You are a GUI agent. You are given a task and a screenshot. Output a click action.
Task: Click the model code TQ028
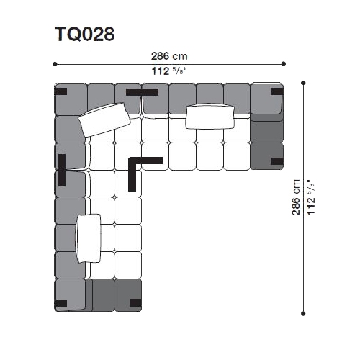[85, 34]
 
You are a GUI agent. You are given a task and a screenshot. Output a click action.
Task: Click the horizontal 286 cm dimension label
[169, 56]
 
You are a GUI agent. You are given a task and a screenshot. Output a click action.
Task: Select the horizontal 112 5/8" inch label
[169, 71]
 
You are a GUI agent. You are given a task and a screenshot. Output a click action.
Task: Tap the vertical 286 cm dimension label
[296, 197]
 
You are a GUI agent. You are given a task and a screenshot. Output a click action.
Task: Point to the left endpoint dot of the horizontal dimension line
[55, 64]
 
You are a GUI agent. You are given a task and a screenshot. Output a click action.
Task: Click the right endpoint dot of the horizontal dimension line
[284, 63]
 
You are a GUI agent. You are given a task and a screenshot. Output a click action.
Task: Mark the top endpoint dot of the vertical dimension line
[303, 83]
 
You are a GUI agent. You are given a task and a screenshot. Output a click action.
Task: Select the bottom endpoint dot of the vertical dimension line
[303, 313]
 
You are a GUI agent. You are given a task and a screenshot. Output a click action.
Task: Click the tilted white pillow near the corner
[104, 120]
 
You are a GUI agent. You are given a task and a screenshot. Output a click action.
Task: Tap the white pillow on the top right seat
[210, 116]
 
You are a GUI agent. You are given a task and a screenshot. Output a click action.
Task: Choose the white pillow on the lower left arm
[89, 238]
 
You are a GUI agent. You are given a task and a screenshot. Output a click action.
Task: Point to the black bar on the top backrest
[142, 92]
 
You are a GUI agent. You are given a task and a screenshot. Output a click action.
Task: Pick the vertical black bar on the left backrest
[62, 170]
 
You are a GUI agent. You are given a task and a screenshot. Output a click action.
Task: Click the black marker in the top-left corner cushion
[60, 91]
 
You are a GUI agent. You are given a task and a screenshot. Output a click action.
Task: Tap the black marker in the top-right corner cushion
[277, 91]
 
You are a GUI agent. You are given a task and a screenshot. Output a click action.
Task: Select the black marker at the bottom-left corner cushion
[60, 303]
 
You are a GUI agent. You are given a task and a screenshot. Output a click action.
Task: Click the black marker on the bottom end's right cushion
[135, 303]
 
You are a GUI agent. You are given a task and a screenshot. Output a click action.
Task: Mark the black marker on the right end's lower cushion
[277, 161]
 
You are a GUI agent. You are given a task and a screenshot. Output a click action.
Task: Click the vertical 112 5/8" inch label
[310, 197]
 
